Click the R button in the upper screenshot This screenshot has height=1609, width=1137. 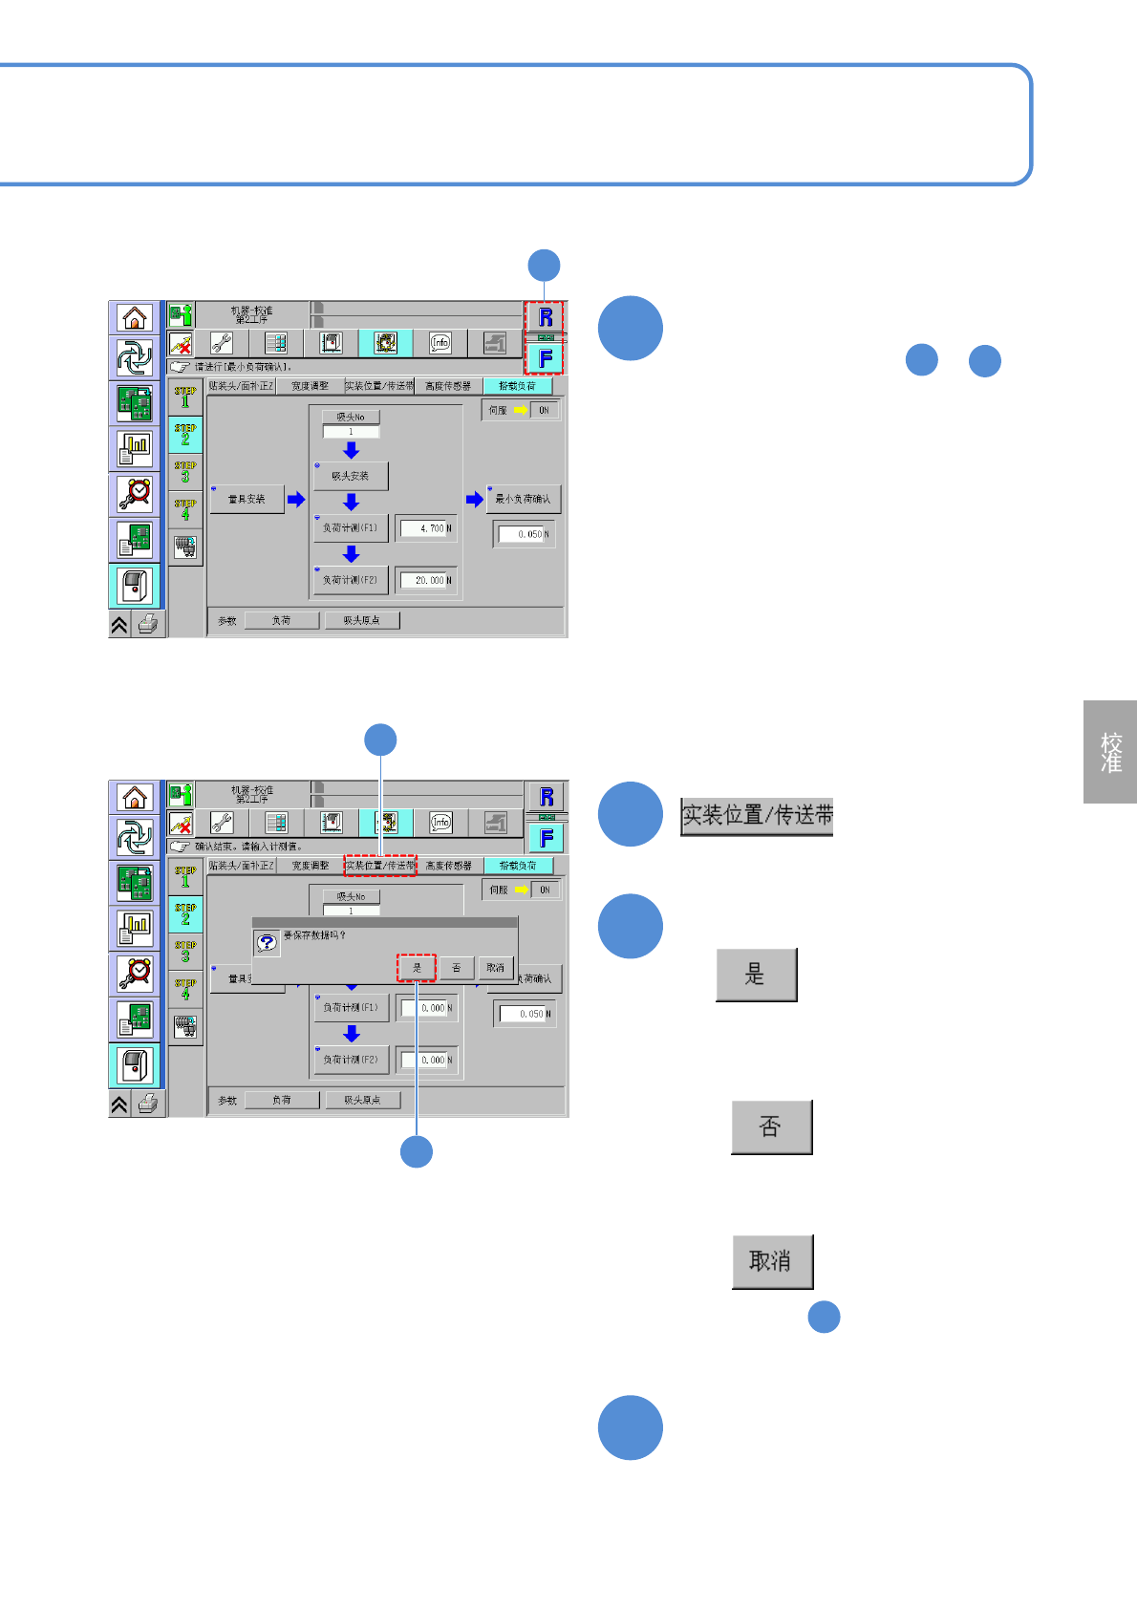coord(546,317)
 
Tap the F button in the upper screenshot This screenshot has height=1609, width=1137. coord(546,358)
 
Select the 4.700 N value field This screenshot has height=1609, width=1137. coord(427,528)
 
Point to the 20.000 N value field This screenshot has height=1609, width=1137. coord(427,580)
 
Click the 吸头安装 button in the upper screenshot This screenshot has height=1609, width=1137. coord(351,476)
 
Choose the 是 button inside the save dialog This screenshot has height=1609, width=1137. coord(417,968)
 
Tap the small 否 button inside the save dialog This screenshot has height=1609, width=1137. coord(457,968)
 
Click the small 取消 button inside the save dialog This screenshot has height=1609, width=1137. coord(495,968)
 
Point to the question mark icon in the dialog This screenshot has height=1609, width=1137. coord(268,943)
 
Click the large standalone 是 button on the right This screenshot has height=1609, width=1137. coord(756,975)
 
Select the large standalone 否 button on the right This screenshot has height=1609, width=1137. coord(771,1127)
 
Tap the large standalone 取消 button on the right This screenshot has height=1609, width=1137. coord(772,1261)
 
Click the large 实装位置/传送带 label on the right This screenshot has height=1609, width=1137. coord(757,816)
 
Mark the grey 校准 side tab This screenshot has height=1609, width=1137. coord(1110,752)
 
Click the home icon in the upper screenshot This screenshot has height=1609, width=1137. coord(135,317)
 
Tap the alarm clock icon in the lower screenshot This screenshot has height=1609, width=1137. coord(135,973)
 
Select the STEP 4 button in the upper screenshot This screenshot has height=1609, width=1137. coord(185,509)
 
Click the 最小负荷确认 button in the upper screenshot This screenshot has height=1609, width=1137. coord(524,499)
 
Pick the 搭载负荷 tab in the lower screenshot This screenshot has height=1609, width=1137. coord(518,866)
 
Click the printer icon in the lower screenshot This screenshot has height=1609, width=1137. coord(148,1104)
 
